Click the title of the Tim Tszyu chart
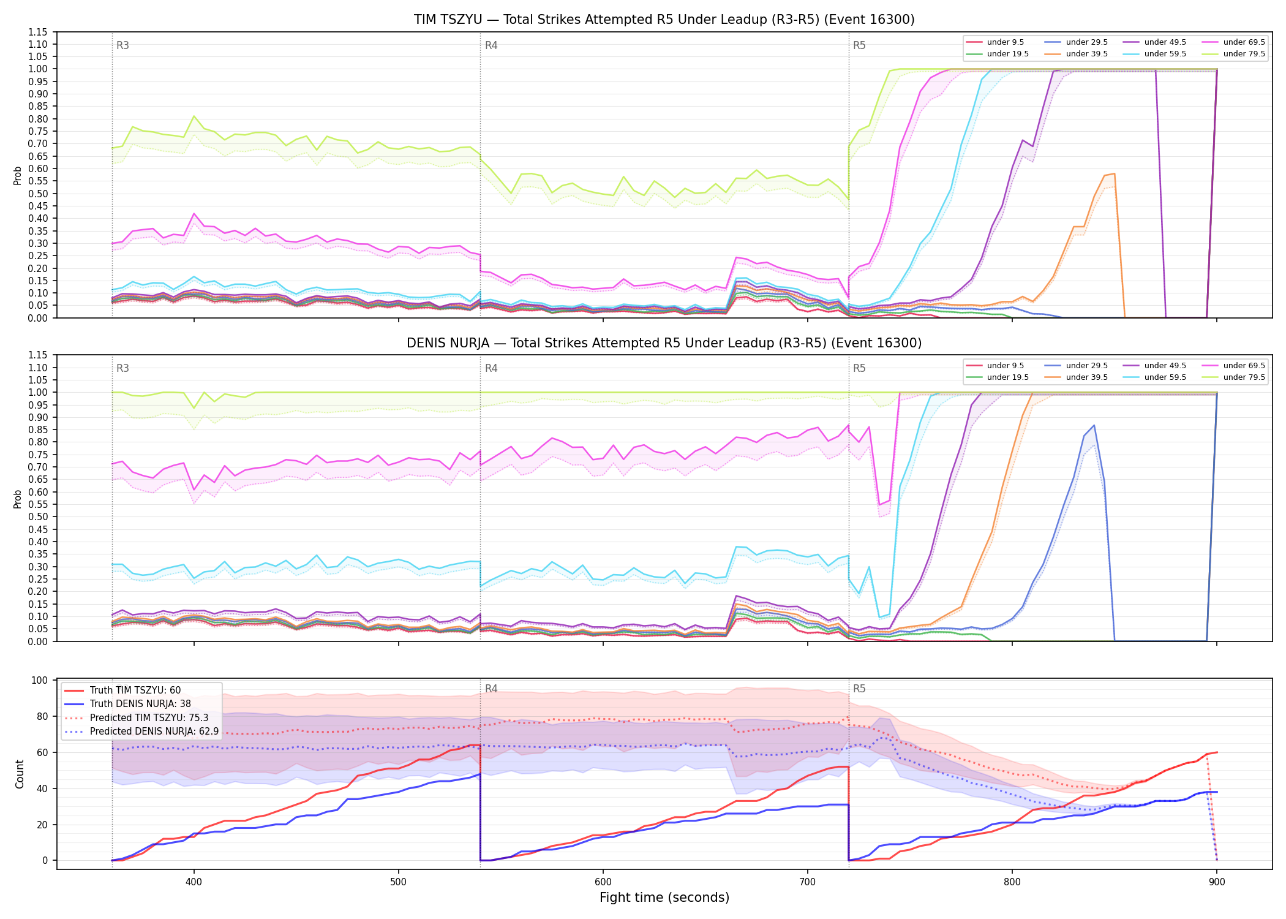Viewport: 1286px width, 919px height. click(664, 20)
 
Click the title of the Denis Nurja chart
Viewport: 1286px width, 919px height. click(664, 343)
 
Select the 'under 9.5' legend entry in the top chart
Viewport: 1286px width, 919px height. click(995, 42)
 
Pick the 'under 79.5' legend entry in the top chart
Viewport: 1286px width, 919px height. click(1231, 54)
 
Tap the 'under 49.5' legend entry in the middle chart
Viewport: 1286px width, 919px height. click(1153, 366)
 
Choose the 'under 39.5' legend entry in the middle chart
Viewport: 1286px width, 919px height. click(1074, 377)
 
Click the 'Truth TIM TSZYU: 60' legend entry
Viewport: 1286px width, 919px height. click(122, 690)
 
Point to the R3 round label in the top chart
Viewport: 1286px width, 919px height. click(122, 45)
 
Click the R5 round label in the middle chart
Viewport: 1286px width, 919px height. click(859, 368)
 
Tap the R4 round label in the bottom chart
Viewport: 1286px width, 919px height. click(491, 689)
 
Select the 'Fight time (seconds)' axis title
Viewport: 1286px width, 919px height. click(664, 898)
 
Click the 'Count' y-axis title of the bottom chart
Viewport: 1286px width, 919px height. click(20, 774)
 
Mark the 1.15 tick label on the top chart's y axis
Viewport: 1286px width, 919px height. click(39, 32)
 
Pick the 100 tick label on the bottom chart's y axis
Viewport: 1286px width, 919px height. click(40, 680)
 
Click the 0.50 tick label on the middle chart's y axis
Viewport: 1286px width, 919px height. click(39, 517)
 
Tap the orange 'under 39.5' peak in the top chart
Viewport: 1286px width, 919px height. click(1115, 174)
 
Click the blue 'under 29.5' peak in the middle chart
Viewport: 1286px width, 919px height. click(1094, 425)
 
